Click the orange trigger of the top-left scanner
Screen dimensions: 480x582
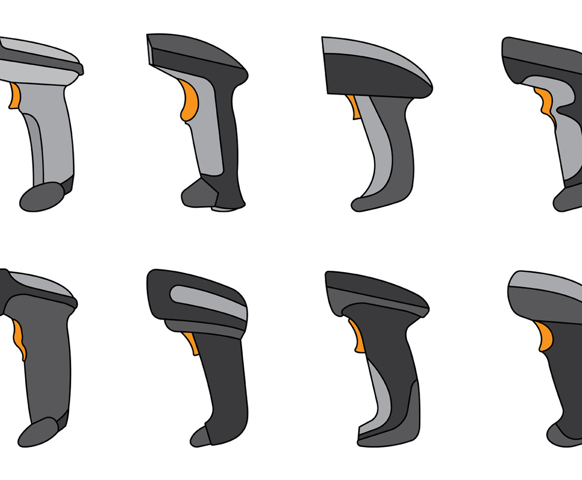(14, 96)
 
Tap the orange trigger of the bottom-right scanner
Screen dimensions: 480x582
(545, 336)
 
